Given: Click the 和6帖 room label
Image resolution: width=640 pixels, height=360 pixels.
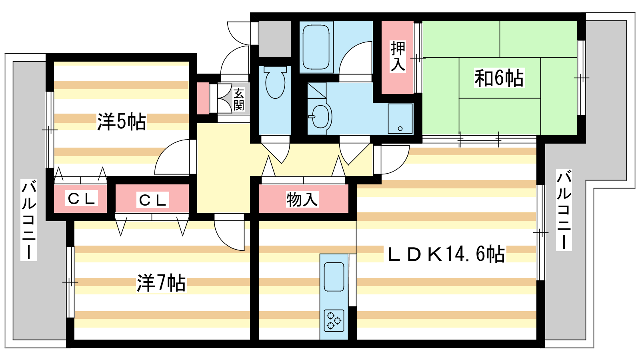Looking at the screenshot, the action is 499,78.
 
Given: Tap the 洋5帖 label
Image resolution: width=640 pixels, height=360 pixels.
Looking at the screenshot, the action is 122,122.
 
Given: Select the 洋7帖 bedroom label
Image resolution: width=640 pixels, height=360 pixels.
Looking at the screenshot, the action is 162,283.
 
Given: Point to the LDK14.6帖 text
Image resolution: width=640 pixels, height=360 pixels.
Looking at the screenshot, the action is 446,254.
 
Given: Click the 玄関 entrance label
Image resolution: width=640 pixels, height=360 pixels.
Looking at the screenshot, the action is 238,100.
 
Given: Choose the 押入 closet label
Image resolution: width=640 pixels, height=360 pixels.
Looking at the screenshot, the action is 398,56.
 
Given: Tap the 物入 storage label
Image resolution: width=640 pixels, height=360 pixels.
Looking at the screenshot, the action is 302,199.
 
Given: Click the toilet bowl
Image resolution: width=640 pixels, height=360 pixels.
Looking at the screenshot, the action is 275,82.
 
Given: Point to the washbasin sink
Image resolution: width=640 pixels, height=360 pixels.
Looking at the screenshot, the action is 321,116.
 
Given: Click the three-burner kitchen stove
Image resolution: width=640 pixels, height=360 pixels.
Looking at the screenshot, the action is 334,320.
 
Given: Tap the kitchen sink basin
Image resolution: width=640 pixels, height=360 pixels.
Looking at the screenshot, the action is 334,276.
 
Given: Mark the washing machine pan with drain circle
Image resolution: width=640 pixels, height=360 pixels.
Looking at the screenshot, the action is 400,118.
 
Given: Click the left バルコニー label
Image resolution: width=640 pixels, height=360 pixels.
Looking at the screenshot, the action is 28,220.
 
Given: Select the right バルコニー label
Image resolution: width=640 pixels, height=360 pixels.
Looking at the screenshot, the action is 564,210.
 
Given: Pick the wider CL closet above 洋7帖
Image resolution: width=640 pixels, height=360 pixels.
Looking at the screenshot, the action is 152,200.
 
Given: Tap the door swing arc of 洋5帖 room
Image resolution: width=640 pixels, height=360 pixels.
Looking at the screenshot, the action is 172,157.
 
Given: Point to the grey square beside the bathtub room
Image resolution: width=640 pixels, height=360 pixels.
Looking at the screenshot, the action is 275,39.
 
